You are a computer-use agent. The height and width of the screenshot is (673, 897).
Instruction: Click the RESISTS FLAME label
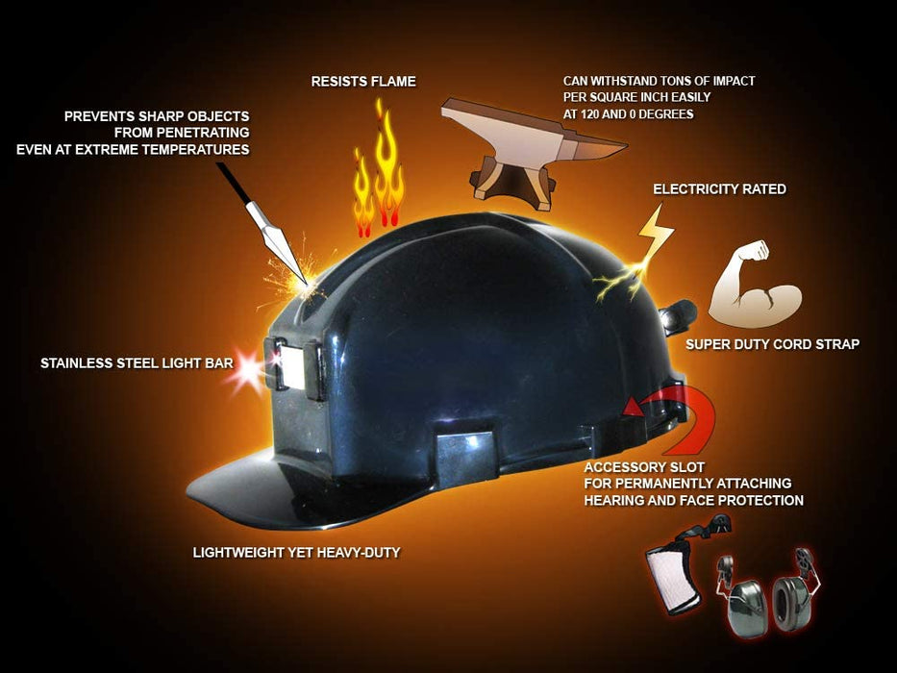(363, 82)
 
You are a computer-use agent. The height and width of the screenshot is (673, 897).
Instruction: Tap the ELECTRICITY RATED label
(719, 188)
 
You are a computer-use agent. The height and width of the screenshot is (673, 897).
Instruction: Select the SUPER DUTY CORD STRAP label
(772, 344)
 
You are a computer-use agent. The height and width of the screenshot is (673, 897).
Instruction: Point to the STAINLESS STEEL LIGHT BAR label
(137, 362)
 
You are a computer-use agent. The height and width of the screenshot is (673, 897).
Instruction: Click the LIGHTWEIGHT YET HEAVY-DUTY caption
(296, 552)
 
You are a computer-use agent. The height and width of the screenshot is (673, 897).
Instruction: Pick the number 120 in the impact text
(591, 113)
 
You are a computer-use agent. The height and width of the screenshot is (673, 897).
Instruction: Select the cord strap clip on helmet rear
(679, 317)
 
